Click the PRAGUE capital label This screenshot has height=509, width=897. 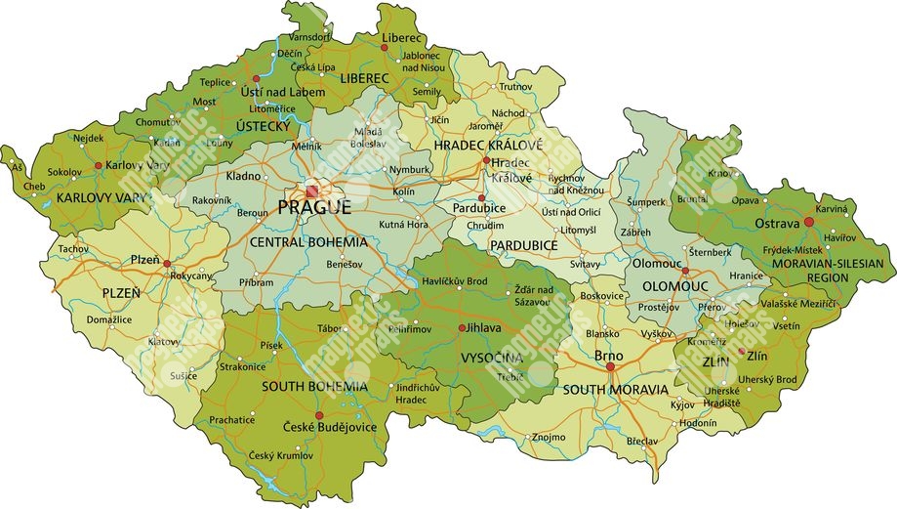click(x=314, y=208)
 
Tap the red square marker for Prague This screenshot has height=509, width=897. click(x=313, y=191)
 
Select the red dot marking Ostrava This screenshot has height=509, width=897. click(x=808, y=223)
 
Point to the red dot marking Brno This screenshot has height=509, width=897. click(x=610, y=367)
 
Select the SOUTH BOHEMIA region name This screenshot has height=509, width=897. click(x=314, y=387)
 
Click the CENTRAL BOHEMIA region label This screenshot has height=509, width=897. click(x=308, y=241)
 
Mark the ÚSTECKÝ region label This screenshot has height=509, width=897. click(x=263, y=127)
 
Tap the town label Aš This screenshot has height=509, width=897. click(x=16, y=167)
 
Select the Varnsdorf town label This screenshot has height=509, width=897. click(x=309, y=36)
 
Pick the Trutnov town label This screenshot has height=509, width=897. click(x=515, y=87)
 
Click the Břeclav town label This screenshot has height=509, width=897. click(x=642, y=442)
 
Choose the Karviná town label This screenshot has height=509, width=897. click(x=833, y=209)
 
